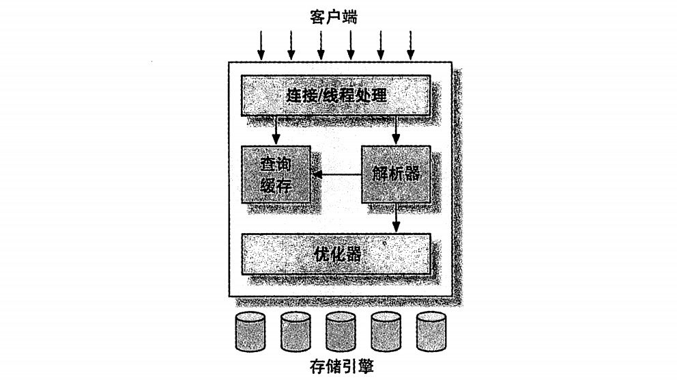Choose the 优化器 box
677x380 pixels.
coord(336,254)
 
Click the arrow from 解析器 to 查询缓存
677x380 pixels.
coord(337,175)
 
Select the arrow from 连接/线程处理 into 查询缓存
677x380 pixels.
coord(276,130)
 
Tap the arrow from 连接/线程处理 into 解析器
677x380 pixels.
coord(396,130)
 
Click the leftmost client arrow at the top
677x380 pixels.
coord(260,45)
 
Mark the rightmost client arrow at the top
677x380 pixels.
coord(411,45)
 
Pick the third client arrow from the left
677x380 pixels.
coord(321,45)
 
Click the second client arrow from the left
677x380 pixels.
coord(291,45)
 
